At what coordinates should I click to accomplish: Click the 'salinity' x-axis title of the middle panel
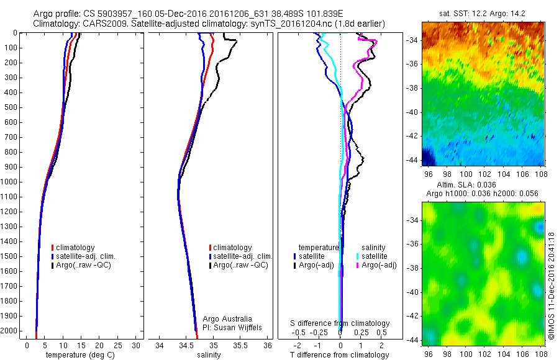(214, 355)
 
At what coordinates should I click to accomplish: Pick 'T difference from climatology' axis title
(340, 355)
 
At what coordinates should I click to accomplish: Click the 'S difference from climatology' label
(340, 323)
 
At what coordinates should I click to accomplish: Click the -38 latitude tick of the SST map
(412, 88)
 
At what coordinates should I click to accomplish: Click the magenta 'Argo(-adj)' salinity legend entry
(378, 265)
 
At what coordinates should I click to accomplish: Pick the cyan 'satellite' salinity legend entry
(375, 256)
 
